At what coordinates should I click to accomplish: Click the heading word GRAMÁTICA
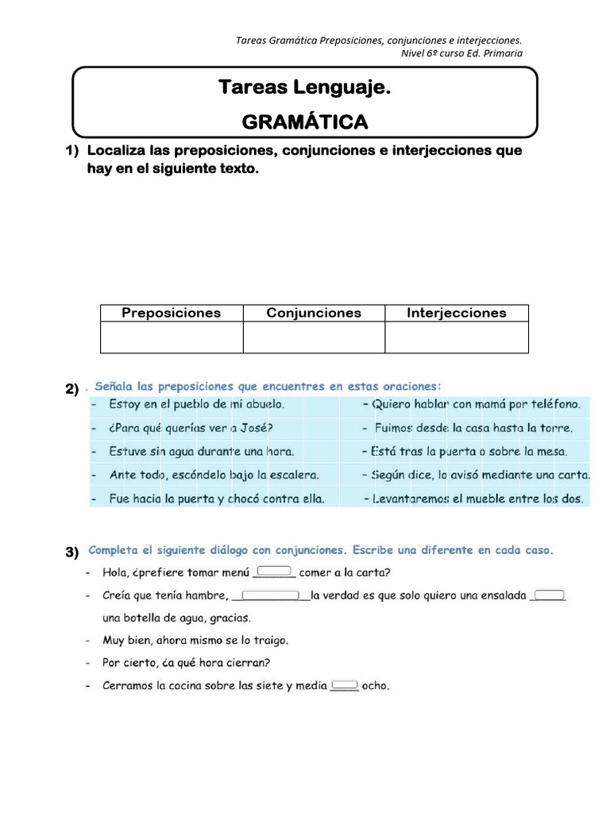tap(305, 121)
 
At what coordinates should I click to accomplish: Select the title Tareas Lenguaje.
tap(305, 87)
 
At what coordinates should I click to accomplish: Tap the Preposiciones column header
tap(171, 313)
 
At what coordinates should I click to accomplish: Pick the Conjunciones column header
tap(314, 313)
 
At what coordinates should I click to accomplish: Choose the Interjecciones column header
tap(456, 313)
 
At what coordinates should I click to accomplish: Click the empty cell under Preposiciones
tap(171, 337)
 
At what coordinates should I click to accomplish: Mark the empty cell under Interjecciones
tap(456, 337)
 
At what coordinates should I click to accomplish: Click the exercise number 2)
tap(72, 388)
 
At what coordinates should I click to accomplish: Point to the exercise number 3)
tap(72, 552)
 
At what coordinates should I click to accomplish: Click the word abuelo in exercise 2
tap(262, 403)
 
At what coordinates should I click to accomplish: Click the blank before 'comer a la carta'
tap(273, 572)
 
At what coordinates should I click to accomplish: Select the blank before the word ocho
tap(343, 685)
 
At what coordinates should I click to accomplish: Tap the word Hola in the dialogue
tap(117, 572)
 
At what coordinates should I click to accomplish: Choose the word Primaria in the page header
tap(500, 53)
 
